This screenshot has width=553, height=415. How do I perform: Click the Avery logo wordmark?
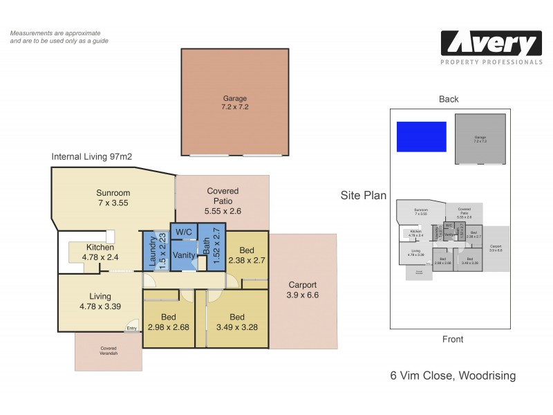coord(491,45)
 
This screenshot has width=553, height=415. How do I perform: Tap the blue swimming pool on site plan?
coord(421,136)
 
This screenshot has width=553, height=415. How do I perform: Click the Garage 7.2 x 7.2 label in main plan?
coord(235,103)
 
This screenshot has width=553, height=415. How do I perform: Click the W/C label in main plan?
coord(183,231)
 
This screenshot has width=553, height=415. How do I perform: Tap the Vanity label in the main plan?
coord(185,255)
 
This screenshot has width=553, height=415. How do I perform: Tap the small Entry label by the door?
coord(131,329)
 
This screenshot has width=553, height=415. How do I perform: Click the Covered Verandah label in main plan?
coord(109,351)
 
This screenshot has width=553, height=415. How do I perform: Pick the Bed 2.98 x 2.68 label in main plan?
coord(168,322)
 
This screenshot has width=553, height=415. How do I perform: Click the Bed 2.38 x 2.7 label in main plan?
coord(246,256)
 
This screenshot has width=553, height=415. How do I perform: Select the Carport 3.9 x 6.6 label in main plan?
coord(302,290)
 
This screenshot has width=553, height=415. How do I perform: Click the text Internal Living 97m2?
coord(92,157)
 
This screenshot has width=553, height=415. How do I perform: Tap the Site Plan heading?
coord(363,196)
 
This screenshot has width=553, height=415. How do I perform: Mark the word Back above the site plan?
coord(449,100)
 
